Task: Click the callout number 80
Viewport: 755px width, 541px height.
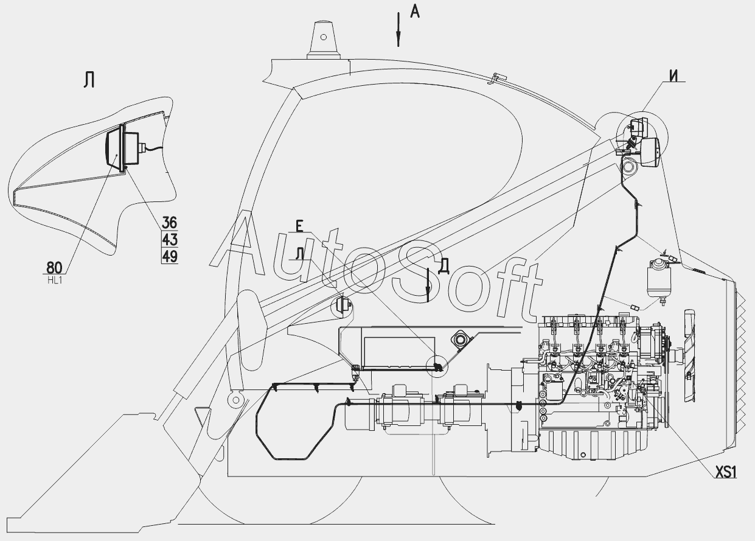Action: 54,267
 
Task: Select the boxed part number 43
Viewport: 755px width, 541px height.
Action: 170,239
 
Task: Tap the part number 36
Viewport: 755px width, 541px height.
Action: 170,222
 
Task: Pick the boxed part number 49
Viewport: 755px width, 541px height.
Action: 170,256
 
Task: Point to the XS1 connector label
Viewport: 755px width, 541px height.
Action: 725,472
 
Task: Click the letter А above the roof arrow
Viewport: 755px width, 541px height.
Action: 414,11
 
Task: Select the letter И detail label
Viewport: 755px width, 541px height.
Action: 673,75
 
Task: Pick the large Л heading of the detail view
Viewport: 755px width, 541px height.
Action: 89,80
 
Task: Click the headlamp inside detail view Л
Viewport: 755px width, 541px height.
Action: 115,149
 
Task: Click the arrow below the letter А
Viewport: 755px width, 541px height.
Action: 398,30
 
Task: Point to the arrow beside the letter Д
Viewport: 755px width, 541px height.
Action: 428,284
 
